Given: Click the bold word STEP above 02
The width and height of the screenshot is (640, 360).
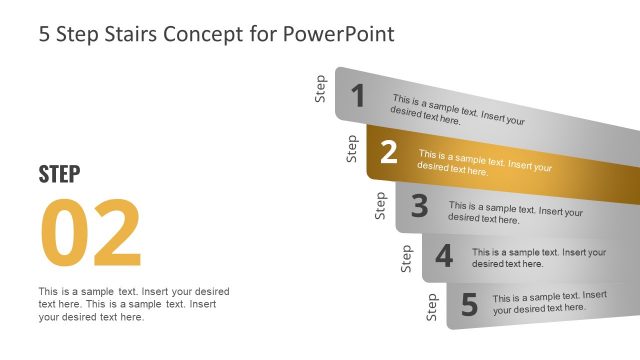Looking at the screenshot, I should (x=59, y=174).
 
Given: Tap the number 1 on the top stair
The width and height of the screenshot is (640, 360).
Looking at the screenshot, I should (x=358, y=96).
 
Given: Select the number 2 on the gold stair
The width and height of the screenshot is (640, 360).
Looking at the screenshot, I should (x=389, y=152).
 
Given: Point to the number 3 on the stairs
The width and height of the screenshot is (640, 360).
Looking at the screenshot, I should (x=419, y=206).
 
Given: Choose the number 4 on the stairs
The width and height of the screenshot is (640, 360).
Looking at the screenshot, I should (x=444, y=257).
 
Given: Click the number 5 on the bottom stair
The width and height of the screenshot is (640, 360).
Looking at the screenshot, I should (x=469, y=303).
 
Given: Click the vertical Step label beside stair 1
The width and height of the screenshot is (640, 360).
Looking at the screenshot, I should (x=320, y=89).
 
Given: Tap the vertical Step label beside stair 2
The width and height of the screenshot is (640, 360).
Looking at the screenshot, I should (x=351, y=148).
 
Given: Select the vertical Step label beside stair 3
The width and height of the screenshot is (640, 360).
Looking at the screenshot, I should (x=380, y=205).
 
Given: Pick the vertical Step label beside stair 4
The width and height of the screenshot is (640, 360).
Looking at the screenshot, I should (x=406, y=258).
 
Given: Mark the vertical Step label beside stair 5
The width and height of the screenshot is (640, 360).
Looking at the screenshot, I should (x=432, y=307).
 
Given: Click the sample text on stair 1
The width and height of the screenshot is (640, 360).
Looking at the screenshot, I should (x=458, y=110).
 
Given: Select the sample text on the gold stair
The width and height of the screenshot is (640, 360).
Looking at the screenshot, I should (x=484, y=163).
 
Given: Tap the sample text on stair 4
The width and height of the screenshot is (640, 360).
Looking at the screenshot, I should (x=539, y=258).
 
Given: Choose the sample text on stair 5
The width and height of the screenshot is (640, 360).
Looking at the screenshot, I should (x=549, y=301).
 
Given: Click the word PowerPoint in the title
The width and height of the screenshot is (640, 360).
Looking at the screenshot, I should (x=341, y=34).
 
